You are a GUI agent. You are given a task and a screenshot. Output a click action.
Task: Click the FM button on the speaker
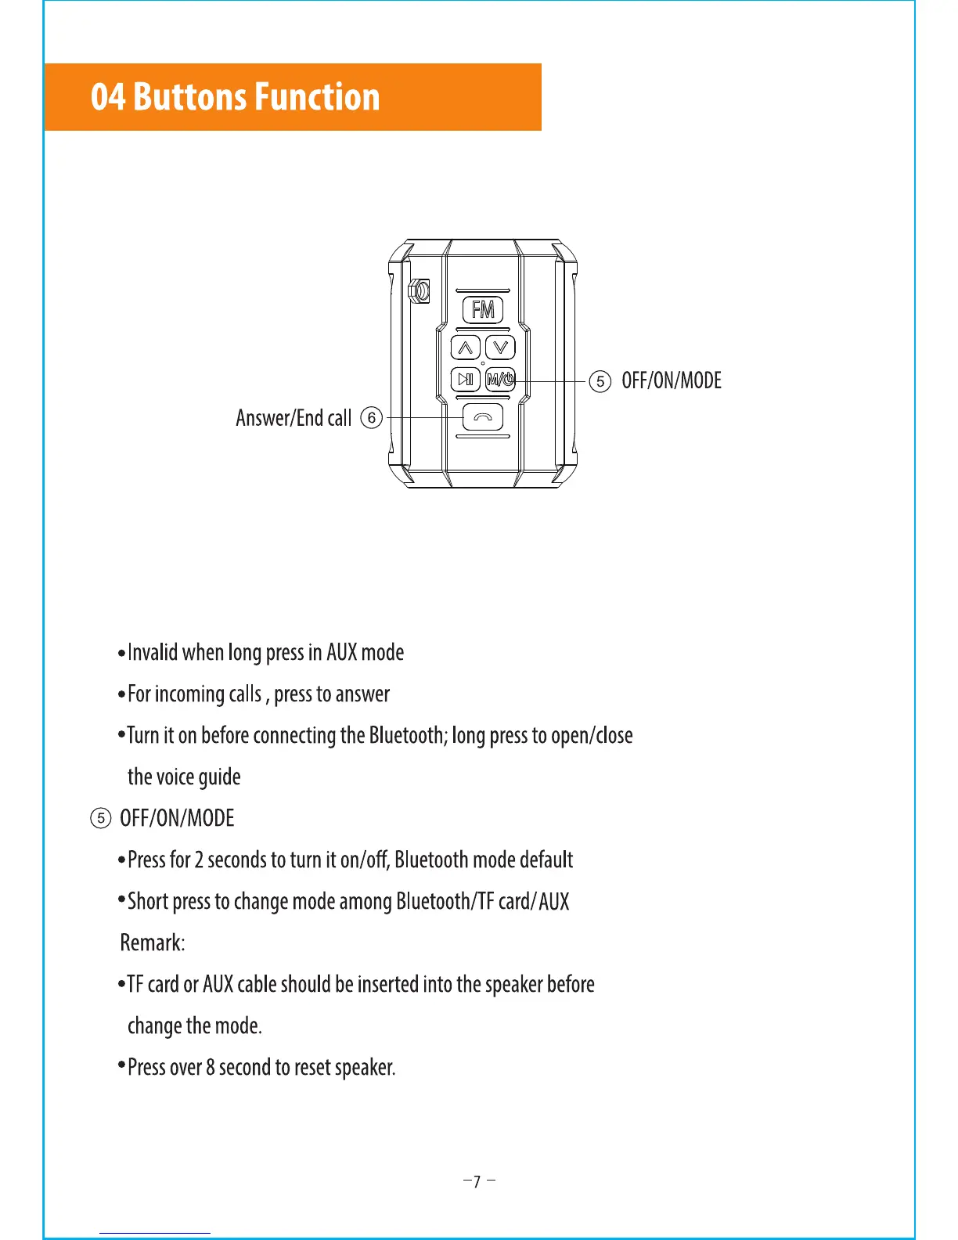pos(483,310)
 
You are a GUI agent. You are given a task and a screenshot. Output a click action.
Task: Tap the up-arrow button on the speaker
pos(466,347)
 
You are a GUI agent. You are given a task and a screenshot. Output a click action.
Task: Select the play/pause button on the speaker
pos(466,380)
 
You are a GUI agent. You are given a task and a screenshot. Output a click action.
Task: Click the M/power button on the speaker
pos(500,380)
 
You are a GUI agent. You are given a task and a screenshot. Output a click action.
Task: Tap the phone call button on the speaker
pos(483,417)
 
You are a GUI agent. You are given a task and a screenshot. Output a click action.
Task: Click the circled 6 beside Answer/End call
pos(372,417)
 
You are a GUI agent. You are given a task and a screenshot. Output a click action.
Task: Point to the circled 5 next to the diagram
pos(600,381)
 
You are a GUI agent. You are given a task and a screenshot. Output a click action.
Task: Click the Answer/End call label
pos(294,418)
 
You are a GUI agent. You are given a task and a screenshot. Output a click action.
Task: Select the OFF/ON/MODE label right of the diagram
pos(672,380)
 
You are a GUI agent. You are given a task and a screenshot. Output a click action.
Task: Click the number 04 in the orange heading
pos(107,97)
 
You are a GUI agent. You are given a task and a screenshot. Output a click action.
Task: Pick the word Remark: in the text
pos(153,943)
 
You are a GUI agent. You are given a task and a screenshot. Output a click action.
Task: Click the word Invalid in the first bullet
pos(153,652)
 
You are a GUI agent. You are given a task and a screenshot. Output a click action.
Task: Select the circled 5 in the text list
pos(100,819)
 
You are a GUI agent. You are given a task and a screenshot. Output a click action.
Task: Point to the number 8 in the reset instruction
pos(210,1068)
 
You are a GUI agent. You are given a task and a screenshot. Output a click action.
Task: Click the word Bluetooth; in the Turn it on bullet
pos(408,735)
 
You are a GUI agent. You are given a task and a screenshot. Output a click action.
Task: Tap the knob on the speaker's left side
pos(420,292)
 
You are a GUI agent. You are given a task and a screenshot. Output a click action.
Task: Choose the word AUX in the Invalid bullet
pos(341,652)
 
